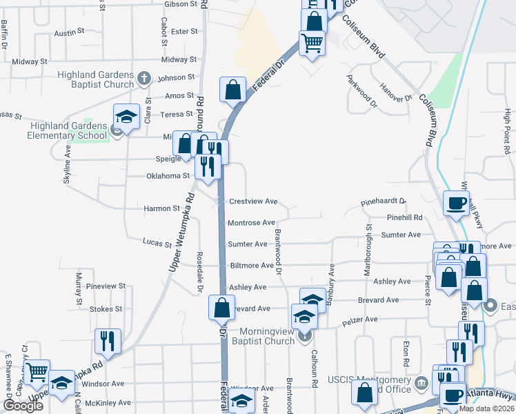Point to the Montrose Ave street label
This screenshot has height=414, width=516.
pos(252,223)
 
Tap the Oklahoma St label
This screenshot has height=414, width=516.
pos(168,176)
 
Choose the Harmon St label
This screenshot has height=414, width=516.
pos(162,208)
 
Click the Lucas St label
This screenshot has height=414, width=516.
pos(157,244)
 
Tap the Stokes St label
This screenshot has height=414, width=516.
pos(106,310)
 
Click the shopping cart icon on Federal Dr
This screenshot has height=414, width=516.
pos(312,43)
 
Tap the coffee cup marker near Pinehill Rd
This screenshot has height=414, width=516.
pos(456,203)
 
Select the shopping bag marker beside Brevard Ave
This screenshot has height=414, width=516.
pos(221,308)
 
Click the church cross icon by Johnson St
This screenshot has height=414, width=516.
pos(144,78)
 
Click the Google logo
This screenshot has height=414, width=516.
pos(23,406)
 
